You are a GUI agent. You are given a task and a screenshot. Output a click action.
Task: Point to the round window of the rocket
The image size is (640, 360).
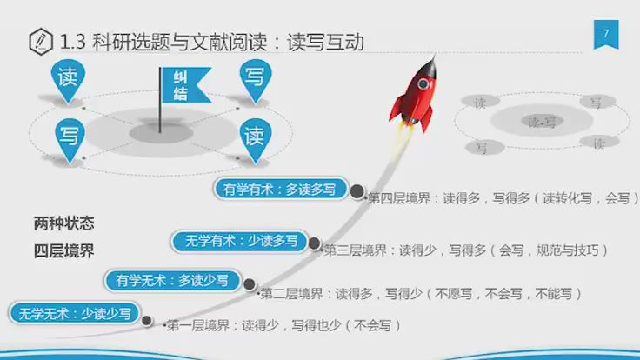[x=423, y=84]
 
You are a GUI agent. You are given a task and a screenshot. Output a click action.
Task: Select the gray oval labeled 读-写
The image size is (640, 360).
[x=540, y=122]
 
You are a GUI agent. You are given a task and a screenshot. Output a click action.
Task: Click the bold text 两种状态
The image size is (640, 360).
[x=63, y=222]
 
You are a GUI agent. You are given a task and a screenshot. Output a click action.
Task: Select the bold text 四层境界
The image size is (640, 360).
[x=63, y=250]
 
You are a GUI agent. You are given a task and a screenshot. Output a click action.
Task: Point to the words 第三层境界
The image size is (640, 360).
[x=355, y=250]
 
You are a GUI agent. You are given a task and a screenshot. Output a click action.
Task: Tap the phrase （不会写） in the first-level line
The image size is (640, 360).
[x=373, y=326]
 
